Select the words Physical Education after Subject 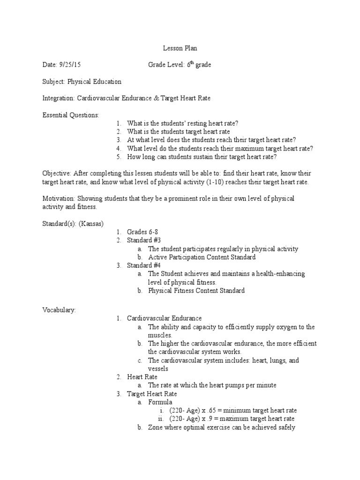(94, 82)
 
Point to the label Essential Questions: (71, 115)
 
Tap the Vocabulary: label (59, 310)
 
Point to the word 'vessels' (158, 369)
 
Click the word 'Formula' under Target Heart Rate (160, 402)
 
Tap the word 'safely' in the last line (285, 427)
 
